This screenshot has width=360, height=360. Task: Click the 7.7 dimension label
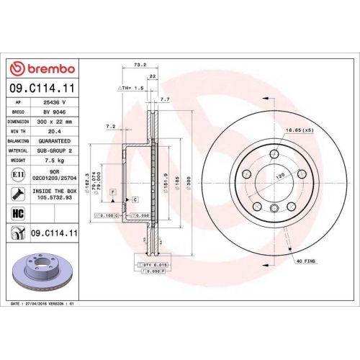pos(165,99)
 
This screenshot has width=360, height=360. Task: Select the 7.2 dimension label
pos(111,127)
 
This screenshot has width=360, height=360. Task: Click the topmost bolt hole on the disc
pos(274,153)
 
